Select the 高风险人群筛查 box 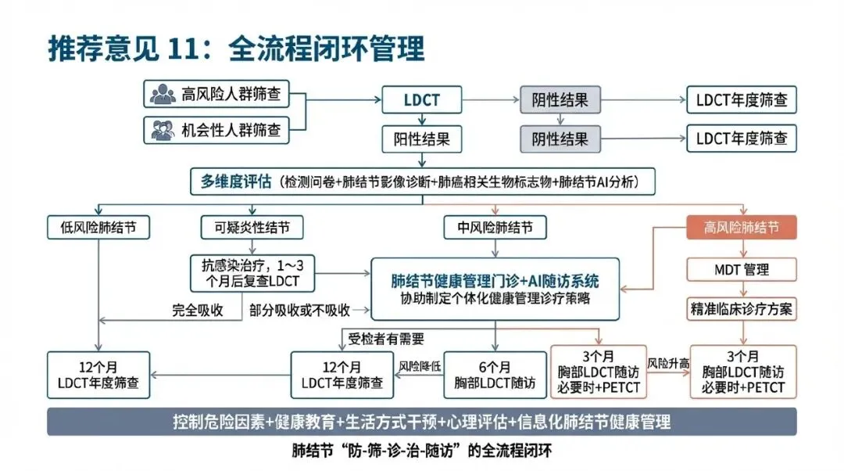pos(216,94)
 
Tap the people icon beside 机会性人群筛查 pos(163,129)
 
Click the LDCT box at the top pos(422,100)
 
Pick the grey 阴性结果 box pos(560,100)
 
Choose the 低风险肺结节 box pos(98,228)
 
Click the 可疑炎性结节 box pos(252,228)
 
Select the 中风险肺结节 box pos(494,228)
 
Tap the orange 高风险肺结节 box pos(741,228)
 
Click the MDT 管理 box pos(741,270)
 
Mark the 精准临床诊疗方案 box pos(741,308)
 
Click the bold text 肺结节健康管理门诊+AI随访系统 pos(495,281)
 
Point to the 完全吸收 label pos(198,310)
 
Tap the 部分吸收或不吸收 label pos(299,310)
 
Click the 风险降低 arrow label pos(420,365)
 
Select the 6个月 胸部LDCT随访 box pos(494,375)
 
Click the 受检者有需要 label pos(385,339)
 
